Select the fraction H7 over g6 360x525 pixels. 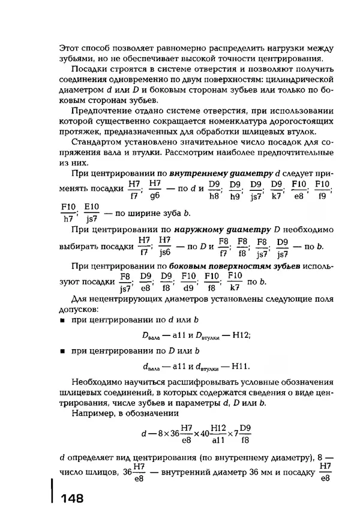pos(155,189)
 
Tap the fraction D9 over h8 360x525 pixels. pos(214,189)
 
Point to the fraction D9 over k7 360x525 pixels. pos(277,189)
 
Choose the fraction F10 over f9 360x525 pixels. pos(322,189)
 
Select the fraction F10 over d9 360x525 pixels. pos(189,280)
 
